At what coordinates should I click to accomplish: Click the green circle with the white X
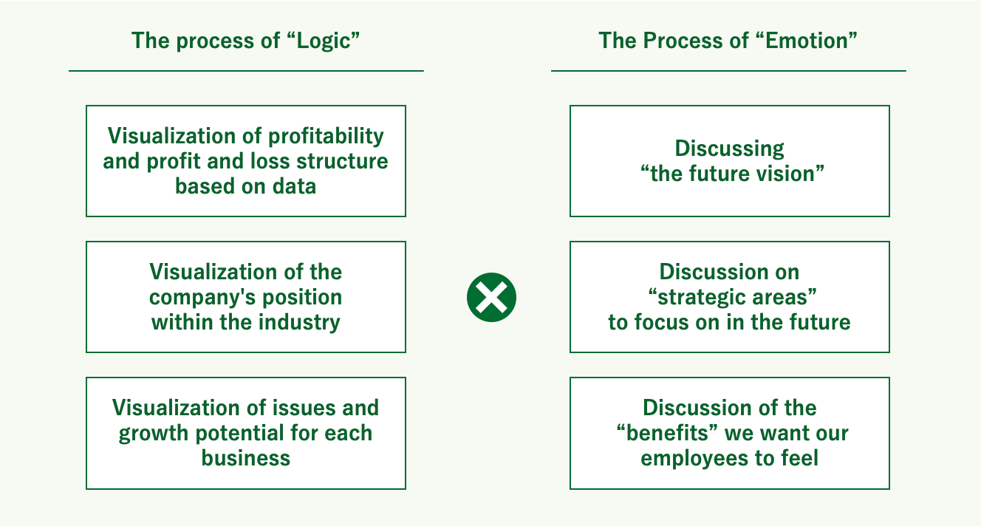click(x=491, y=298)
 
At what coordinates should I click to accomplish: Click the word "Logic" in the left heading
click(x=324, y=41)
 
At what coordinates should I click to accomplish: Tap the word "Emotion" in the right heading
click(x=807, y=41)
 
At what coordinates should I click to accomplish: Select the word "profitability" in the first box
click(x=326, y=137)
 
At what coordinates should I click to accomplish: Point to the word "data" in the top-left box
click(x=294, y=186)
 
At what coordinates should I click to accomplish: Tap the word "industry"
click(x=299, y=323)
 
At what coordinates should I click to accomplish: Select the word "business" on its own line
click(x=246, y=458)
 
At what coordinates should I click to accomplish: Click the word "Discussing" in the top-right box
click(x=729, y=149)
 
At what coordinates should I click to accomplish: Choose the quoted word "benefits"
click(x=667, y=433)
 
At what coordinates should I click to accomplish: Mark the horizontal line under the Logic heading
click(x=246, y=70)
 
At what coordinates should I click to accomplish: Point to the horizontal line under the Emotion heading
click(x=729, y=70)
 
